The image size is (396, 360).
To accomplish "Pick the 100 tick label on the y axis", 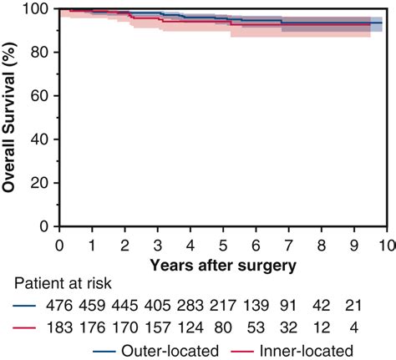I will point(39,9).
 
